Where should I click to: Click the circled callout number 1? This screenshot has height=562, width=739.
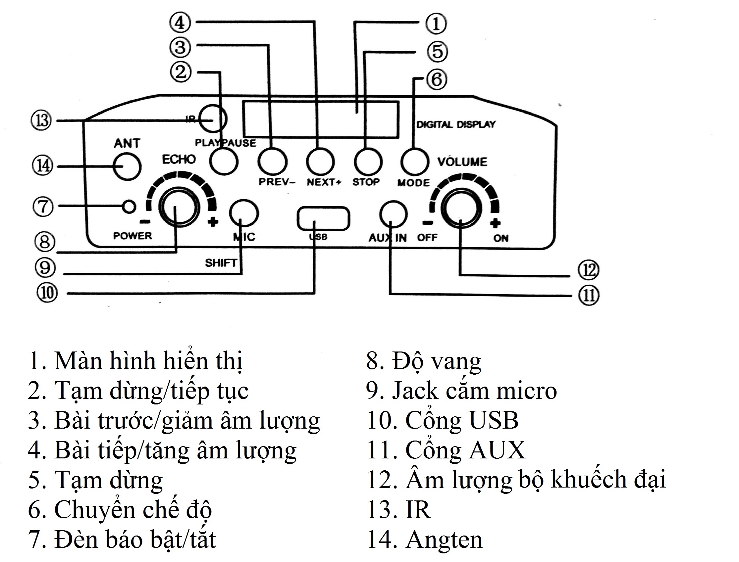click(x=436, y=23)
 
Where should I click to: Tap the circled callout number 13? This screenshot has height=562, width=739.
click(x=41, y=120)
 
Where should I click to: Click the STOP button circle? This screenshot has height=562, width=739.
click(x=368, y=162)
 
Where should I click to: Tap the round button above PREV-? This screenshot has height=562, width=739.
click(x=272, y=162)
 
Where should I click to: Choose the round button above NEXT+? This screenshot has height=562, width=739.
click(x=320, y=162)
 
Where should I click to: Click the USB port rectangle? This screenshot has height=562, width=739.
click(x=323, y=219)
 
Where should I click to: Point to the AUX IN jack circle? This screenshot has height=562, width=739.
click(x=394, y=214)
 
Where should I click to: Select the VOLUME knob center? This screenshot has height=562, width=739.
click(x=460, y=208)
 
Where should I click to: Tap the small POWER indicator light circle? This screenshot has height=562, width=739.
click(x=129, y=207)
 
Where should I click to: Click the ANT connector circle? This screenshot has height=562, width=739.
click(x=127, y=166)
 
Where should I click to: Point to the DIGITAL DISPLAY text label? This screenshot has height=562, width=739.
click(x=455, y=124)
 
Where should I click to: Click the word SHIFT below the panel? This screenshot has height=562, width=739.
click(x=221, y=263)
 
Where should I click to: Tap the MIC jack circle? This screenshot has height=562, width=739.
click(x=244, y=213)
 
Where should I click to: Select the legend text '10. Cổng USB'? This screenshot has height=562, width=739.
click(x=443, y=420)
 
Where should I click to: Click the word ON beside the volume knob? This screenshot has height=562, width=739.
click(x=501, y=238)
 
